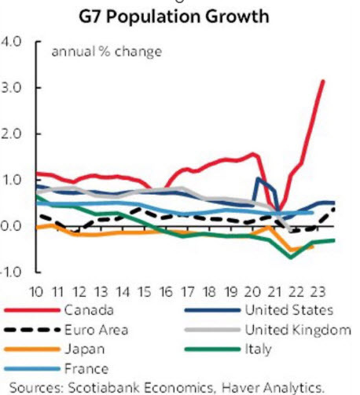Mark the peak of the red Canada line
click(323, 81)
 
